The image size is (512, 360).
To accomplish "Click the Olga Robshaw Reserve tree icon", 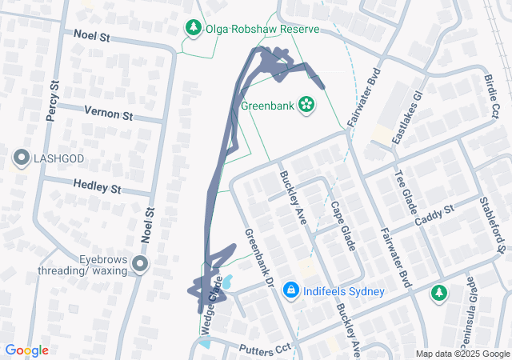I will (x=194, y=29).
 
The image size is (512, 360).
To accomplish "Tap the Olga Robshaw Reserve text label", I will (x=262, y=29).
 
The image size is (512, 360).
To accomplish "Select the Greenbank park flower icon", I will (x=306, y=104).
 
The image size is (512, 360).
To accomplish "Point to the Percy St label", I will (x=53, y=100).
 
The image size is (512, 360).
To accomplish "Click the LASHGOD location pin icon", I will (x=22, y=158).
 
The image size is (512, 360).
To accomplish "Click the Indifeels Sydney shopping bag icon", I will (x=291, y=290).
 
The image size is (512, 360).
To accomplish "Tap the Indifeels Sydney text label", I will (x=346, y=290).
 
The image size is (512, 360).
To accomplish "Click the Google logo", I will (x=26, y=350).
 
